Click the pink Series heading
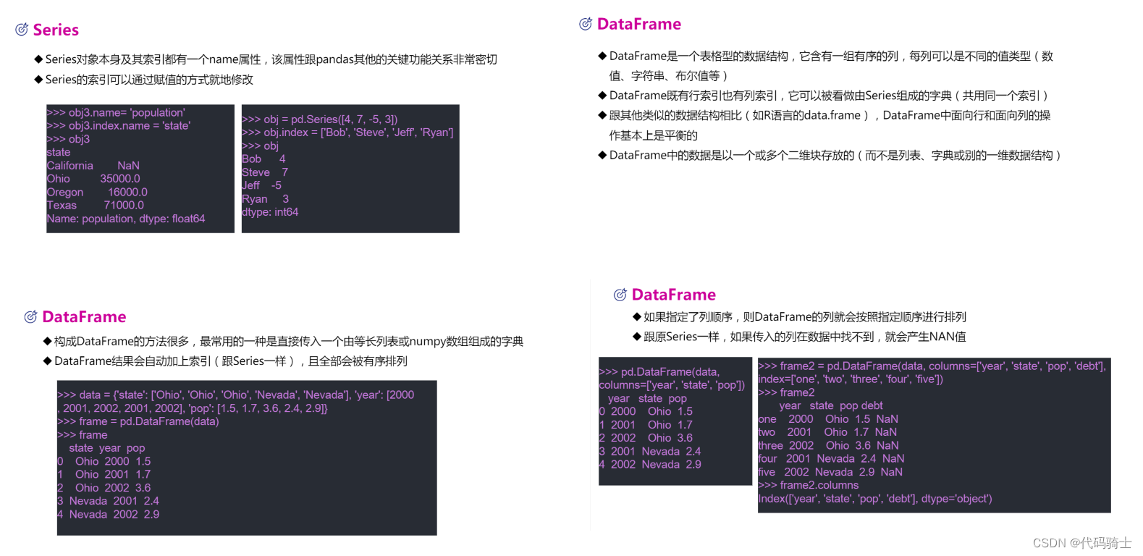tap(56, 30)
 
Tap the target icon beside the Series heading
tap(22, 30)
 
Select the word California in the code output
tap(70, 166)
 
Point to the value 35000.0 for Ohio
tap(120, 179)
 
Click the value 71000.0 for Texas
tap(124, 206)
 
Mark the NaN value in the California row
tap(129, 166)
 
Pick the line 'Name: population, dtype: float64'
tap(126, 219)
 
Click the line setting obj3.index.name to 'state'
tap(119, 126)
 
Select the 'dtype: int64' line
tap(270, 212)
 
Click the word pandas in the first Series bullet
tap(334, 59)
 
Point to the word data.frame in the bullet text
tap(832, 115)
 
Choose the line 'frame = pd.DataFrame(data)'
tap(138, 421)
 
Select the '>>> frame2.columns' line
tap(809, 485)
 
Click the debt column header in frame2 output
tap(872, 405)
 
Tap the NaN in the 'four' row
tap(893, 458)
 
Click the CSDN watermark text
tap(1081, 543)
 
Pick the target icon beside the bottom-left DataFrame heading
tap(30, 317)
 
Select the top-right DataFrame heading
tap(638, 24)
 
